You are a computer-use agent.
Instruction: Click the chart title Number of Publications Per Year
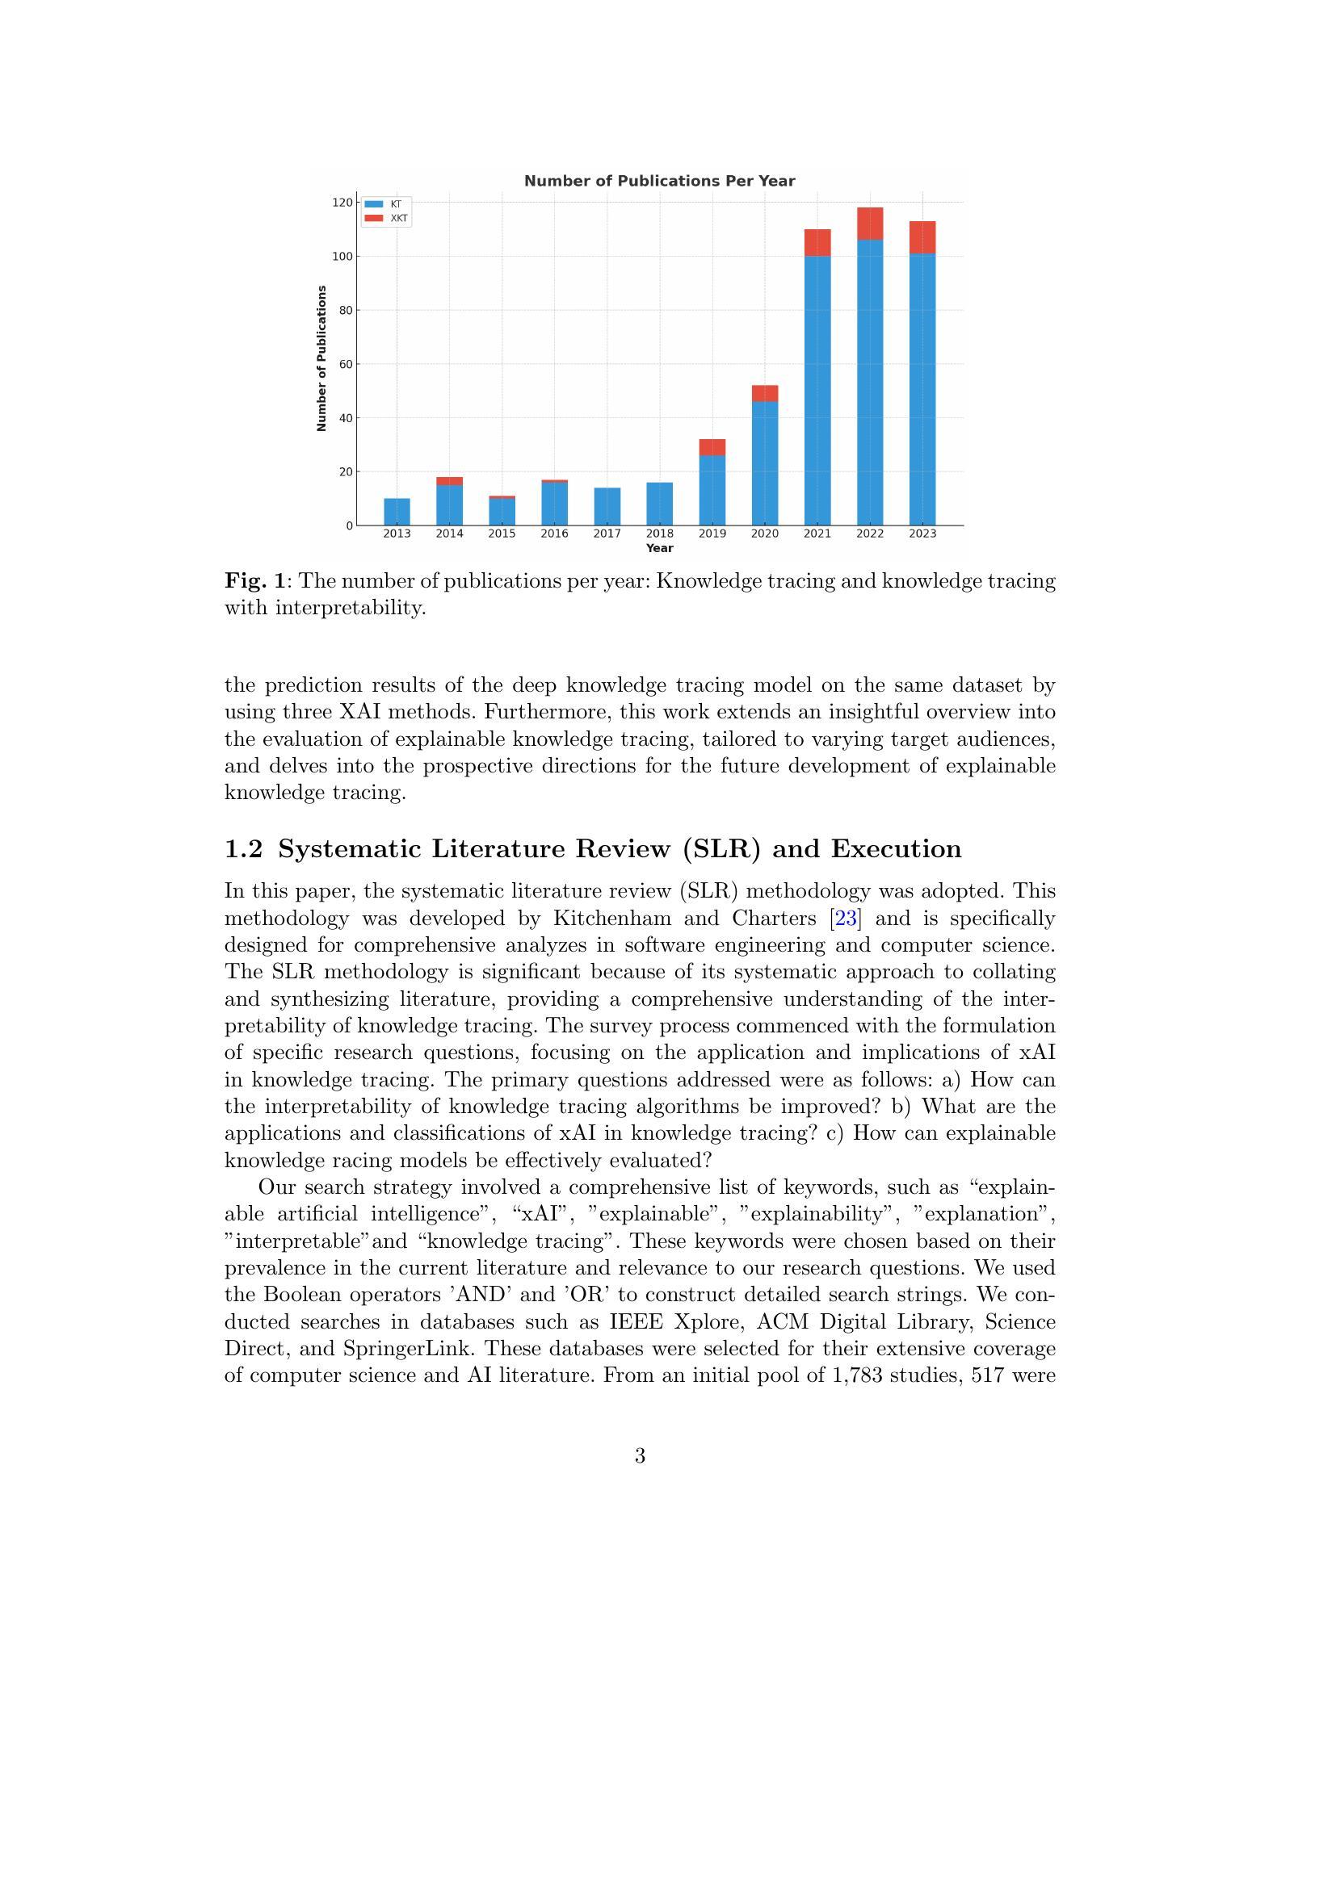(659, 181)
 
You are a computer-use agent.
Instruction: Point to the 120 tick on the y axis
(342, 203)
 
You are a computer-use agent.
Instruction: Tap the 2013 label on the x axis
(397, 534)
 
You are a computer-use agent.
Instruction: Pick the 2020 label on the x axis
(764, 534)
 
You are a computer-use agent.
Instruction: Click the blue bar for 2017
(607, 507)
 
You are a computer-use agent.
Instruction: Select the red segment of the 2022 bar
(870, 224)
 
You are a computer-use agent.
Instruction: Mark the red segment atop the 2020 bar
(764, 393)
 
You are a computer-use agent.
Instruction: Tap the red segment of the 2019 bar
(712, 447)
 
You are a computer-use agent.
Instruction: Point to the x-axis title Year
(659, 548)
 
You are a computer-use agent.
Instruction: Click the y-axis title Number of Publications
(321, 358)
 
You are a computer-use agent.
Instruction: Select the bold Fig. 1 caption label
(255, 581)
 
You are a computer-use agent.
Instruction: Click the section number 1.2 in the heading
(243, 849)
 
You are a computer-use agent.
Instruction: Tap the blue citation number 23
(846, 919)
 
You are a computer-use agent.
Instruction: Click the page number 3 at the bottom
(640, 1456)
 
